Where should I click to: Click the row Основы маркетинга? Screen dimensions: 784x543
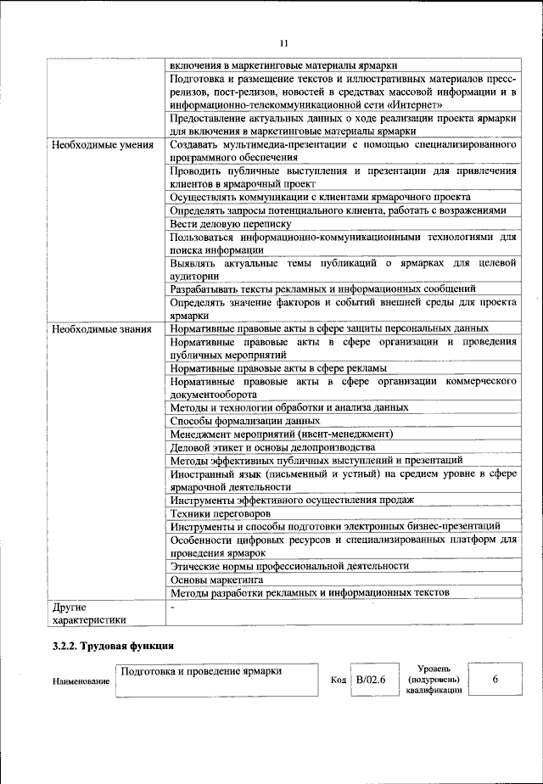tap(216, 579)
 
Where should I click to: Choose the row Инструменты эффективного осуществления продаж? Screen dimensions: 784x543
tap(292, 500)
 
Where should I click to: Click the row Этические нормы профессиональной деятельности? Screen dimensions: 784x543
tap(289, 565)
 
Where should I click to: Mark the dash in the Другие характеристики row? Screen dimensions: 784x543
tap(172, 608)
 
